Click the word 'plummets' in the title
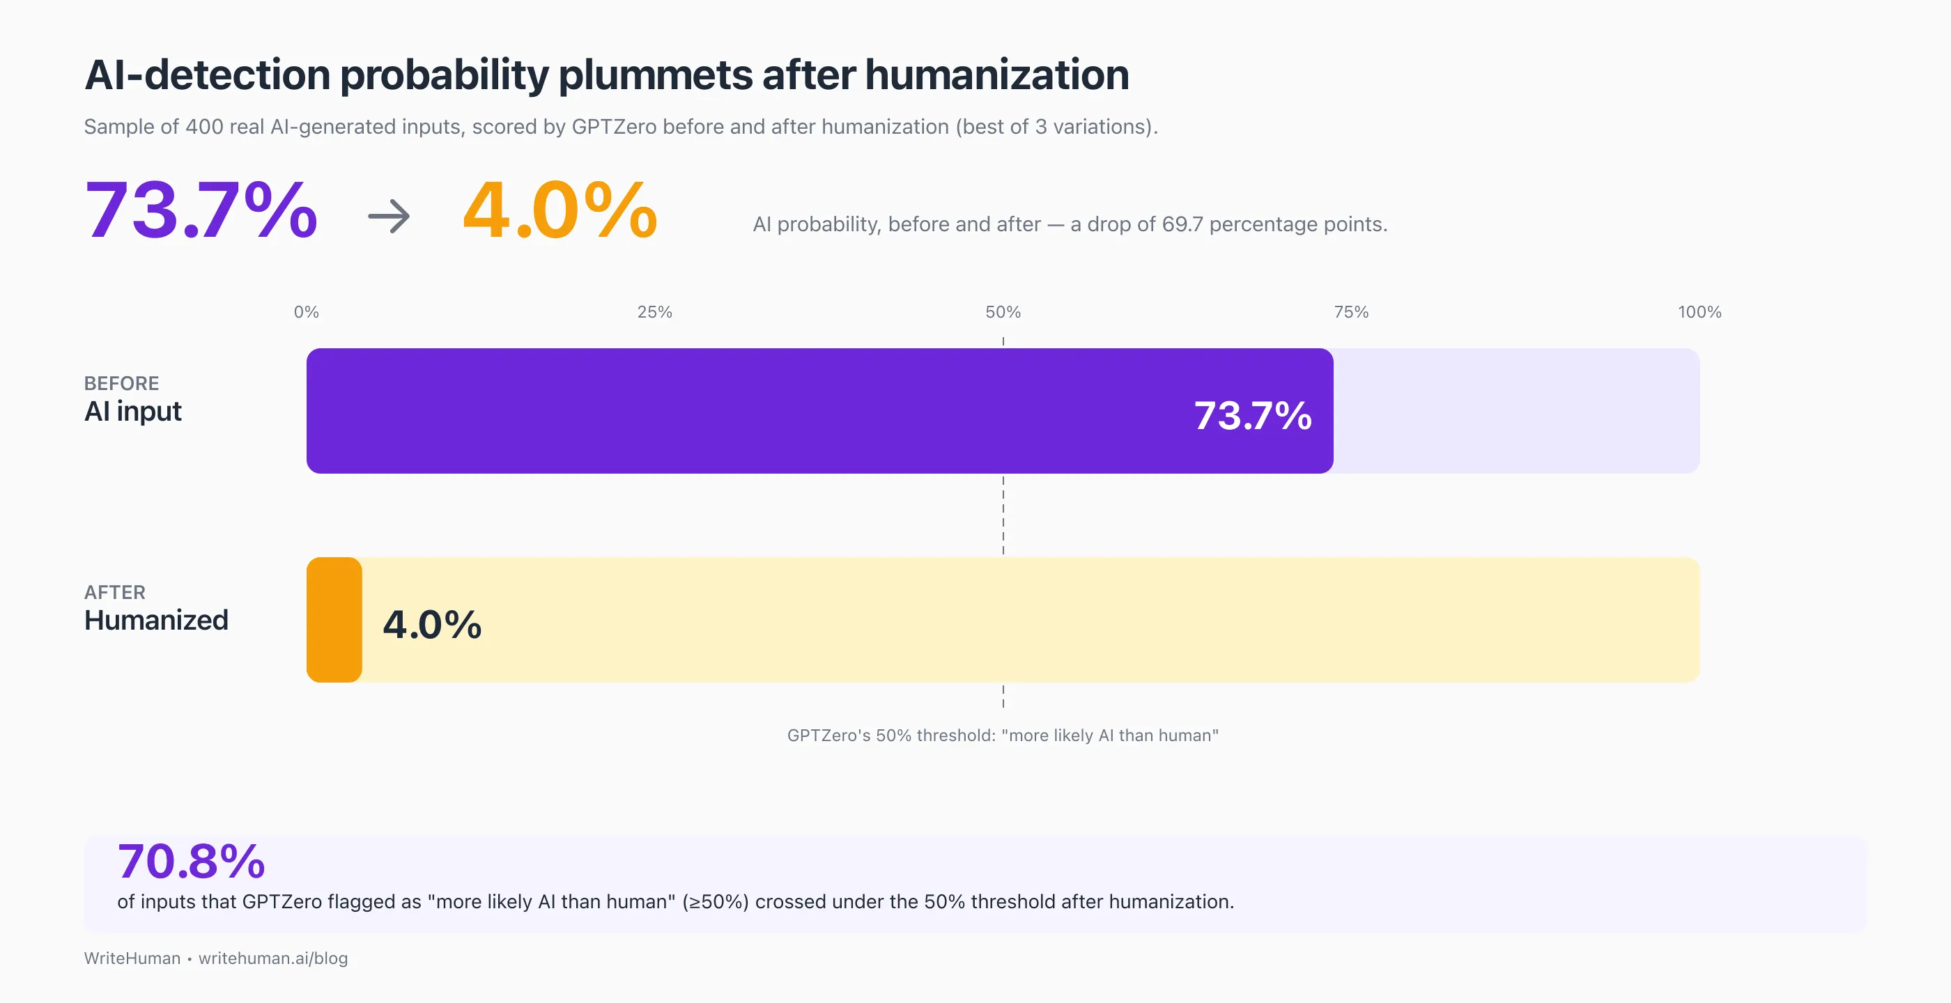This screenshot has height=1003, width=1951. tap(656, 76)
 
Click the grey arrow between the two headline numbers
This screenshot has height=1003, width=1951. tap(390, 217)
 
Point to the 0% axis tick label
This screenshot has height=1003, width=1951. tap(306, 312)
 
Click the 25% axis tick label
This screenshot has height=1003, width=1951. tap(654, 312)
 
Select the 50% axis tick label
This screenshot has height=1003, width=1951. tap(1003, 312)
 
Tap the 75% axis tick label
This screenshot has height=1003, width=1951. tap(1351, 312)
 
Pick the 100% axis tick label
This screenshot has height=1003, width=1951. tap(1699, 312)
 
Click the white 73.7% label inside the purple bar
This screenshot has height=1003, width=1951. tap(1253, 416)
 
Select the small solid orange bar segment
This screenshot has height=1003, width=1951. tap(334, 620)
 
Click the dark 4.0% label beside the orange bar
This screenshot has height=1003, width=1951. tap(432, 625)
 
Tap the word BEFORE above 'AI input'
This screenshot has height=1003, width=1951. tap(121, 384)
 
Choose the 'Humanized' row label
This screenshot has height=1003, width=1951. tap(156, 620)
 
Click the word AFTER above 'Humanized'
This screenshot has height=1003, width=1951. tap(114, 593)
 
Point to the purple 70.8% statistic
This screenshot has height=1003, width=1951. tap(191, 862)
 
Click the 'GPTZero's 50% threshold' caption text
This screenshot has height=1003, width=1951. tap(1002, 735)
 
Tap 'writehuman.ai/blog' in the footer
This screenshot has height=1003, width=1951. tap(272, 958)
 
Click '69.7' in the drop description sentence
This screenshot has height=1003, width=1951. tap(1182, 224)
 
